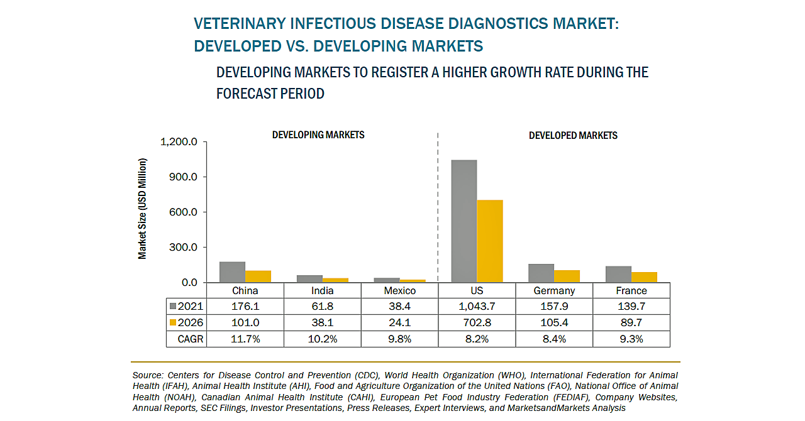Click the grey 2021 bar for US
pyautogui.click(x=464, y=221)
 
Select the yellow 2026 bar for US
pyautogui.click(x=490, y=241)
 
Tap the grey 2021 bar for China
pyautogui.click(x=232, y=272)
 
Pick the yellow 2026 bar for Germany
pyautogui.click(x=567, y=276)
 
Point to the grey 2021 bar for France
pyautogui.click(x=618, y=275)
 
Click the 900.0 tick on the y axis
pyautogui.click(x=184, y=177)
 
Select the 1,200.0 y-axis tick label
pyautogui.click(x=179, y=142)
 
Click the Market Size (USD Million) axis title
pyautogui.click(x=143, y=209)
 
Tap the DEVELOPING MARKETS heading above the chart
pyautogui.click(x=318, y=135)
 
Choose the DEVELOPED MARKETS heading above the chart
pyautogui.click(x=573, y=136)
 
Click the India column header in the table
pyautogui.click(x=322, y=291)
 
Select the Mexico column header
pyautogui.click(x=399, y=291)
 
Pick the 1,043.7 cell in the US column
pyautogui.click(x=476, y=307)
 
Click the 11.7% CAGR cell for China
pyautogui.click(x=245, y=339)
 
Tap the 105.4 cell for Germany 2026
pyautogui.click(x=554, y=323)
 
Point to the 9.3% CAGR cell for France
pyautogui.click(x=631, y=339)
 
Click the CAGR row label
pyautogui.click(x=187, y=339)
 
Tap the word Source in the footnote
pyautogui.click(x=147, y=375)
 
